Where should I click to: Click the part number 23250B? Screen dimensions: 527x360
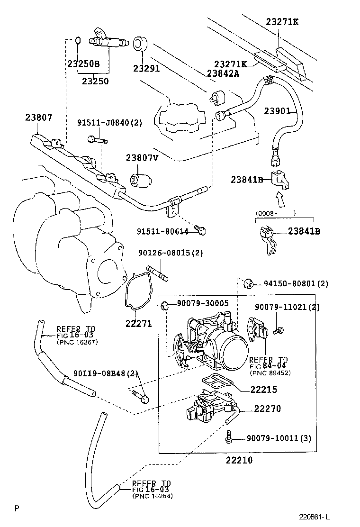click(83, 63)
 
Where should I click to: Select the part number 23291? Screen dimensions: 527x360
click(146, 68)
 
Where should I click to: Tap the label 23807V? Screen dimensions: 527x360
click(142, 158)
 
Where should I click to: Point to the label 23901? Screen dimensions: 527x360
click(277, 111)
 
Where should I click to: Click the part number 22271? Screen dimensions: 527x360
click(138, 324)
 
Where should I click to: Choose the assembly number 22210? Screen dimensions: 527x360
click(239, 460)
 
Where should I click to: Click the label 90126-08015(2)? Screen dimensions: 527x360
click(171, 253)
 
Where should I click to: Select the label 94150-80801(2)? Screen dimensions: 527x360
click(296, 284)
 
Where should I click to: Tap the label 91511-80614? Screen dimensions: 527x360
click(163, 231)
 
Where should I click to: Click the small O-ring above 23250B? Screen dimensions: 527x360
click(79, 41)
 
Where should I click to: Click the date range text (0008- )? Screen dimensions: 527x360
click(275, 213)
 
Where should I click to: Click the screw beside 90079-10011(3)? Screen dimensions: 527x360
click(229, 437)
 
